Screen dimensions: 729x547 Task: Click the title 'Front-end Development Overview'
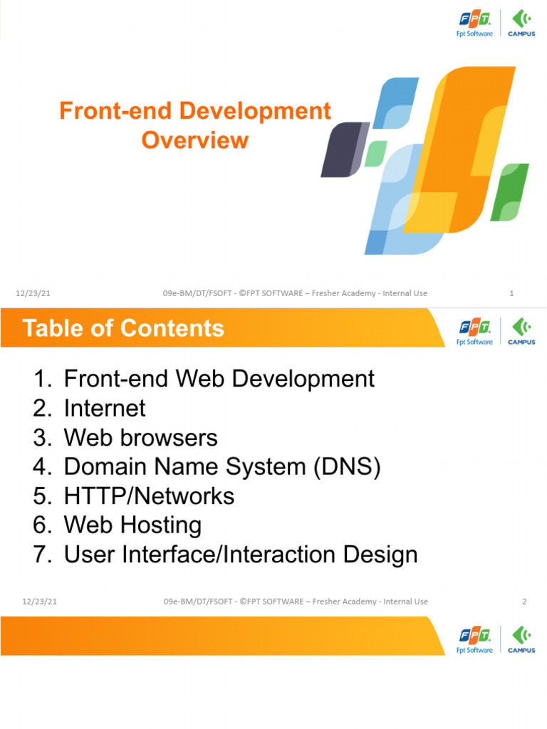(x=194, y=125)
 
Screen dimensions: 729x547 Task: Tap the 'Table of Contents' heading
(x=123, y=328)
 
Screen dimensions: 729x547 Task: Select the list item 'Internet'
(x=104, y=408)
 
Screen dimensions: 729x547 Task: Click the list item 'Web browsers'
(x=140, y=437)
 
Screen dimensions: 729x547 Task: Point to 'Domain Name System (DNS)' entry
(x=222, y=467)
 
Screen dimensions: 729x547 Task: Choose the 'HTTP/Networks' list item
(x=149, y=495)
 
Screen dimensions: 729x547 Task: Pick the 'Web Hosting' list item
(x=132, y=525)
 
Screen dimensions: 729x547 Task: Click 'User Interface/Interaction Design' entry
(x=241, y=555)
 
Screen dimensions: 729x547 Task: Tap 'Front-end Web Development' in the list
(x=219, y=379)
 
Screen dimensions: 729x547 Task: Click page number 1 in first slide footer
(x=512, y=293)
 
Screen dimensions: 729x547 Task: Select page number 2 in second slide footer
(x=524, y=602)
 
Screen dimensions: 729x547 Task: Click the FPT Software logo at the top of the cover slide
(x=474, y=23)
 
